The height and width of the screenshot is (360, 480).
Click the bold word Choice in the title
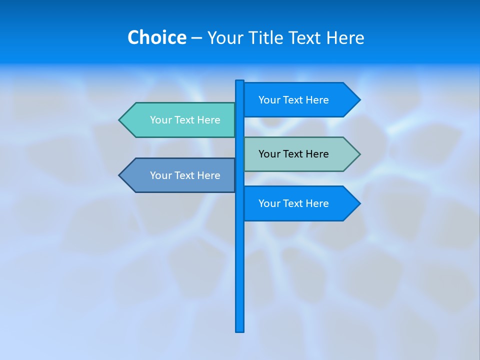click(x=156, y=38)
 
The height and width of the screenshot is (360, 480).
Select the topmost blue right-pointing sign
click(x=295, y=100)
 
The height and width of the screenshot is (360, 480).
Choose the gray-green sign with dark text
click(x=295, y=154)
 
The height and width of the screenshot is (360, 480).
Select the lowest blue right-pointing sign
click(x=295, y=203)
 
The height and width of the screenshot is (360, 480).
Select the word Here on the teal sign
click(x=208, y=120)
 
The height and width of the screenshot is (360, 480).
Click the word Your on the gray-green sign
click(x=269, y=154)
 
